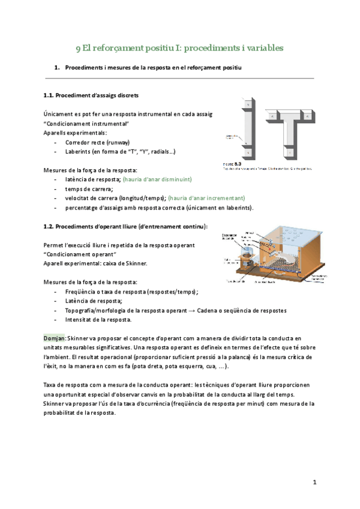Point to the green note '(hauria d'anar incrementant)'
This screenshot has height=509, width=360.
point(206,197)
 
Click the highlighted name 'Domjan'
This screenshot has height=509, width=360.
point(55,339)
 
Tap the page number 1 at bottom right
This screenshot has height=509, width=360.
point(314,482)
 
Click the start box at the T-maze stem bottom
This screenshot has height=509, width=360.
point(289,154)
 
